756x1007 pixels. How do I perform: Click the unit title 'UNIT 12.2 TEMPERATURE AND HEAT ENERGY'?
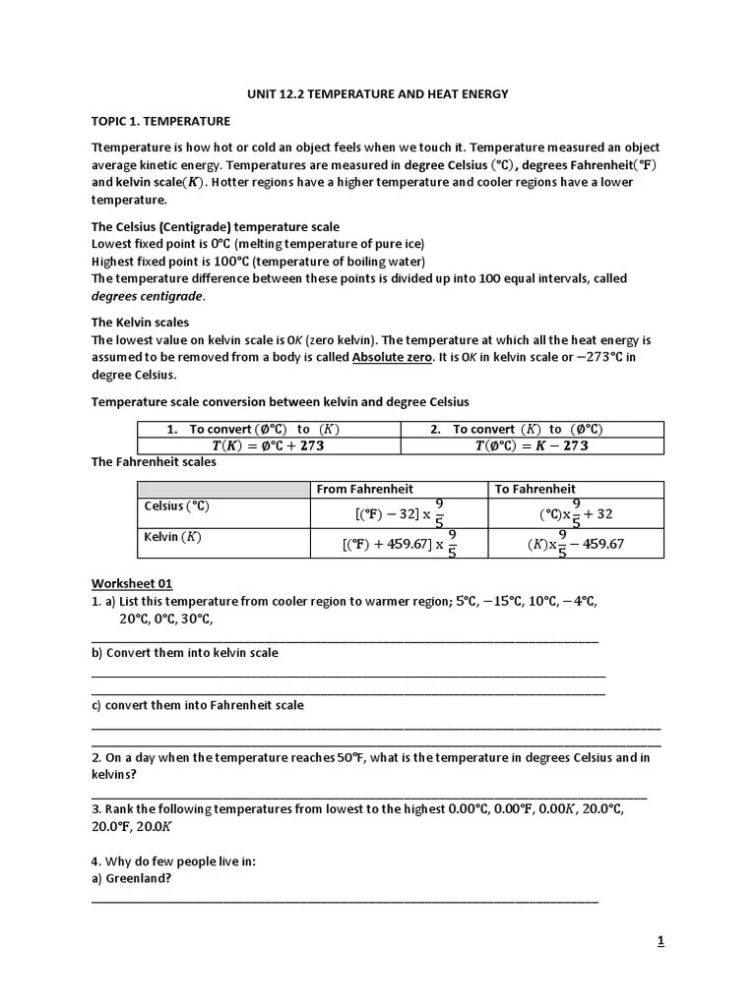coord(377,94)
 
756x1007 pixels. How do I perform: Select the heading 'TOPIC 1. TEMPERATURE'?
coord(160,121)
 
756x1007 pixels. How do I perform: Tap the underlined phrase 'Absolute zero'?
coord(392,358)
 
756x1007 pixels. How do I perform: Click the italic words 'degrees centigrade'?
coord(148,296)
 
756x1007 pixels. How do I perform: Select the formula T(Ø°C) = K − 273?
coord(532,445)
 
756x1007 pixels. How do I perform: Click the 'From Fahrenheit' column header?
coord(364,489)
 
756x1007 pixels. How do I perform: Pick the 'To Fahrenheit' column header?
coord(535,489)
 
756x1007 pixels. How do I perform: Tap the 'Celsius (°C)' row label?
coord(177,506)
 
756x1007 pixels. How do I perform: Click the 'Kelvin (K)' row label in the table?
coord(172,537)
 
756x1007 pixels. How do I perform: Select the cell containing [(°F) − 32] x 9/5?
coord(400,512)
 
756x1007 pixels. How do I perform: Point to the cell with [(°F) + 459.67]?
coord(400,543)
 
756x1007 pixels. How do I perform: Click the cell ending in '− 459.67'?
coord(576,543)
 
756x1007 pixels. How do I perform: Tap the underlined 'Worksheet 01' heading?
coord(132,583)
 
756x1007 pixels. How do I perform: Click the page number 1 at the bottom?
coord(661,941)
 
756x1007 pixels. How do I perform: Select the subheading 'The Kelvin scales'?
coord(141,322)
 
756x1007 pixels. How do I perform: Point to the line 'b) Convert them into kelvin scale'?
coord(185,653)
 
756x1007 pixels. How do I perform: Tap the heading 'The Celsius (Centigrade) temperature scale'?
coord(216,227)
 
